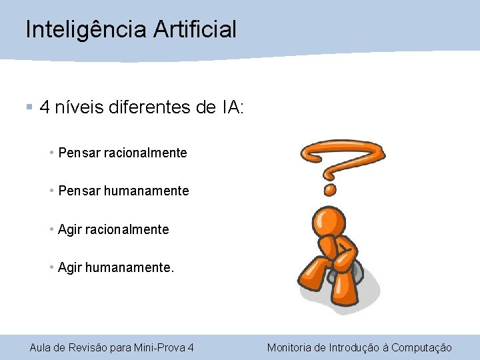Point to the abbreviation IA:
coord(233,107)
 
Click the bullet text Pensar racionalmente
coord(123,153)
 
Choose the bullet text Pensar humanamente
coord(124,191)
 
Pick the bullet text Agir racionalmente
coord(113,230)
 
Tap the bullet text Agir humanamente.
coord(116,268)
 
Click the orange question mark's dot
coord(329,190)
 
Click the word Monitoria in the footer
coord(289,347)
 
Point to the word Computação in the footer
coord(421,347)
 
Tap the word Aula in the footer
coord(39,347)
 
